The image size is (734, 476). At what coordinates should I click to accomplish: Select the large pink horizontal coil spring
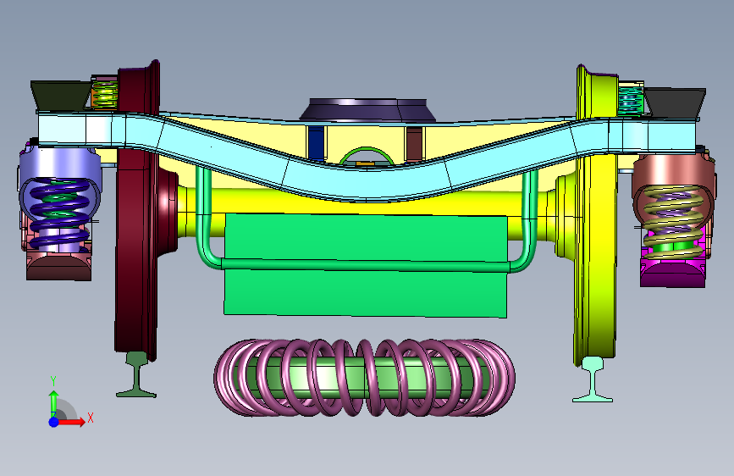click(x=365, y=378)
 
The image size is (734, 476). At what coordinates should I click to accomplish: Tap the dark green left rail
click(x=136, y=375)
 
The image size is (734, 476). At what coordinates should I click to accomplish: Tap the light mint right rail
click(x=593, y=379)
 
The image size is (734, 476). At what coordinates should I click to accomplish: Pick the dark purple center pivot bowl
click(x=368, y=109)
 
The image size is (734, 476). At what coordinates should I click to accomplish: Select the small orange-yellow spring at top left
click(x=104, y=94)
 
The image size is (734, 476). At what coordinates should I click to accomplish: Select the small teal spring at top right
click(x=631, y=99)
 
